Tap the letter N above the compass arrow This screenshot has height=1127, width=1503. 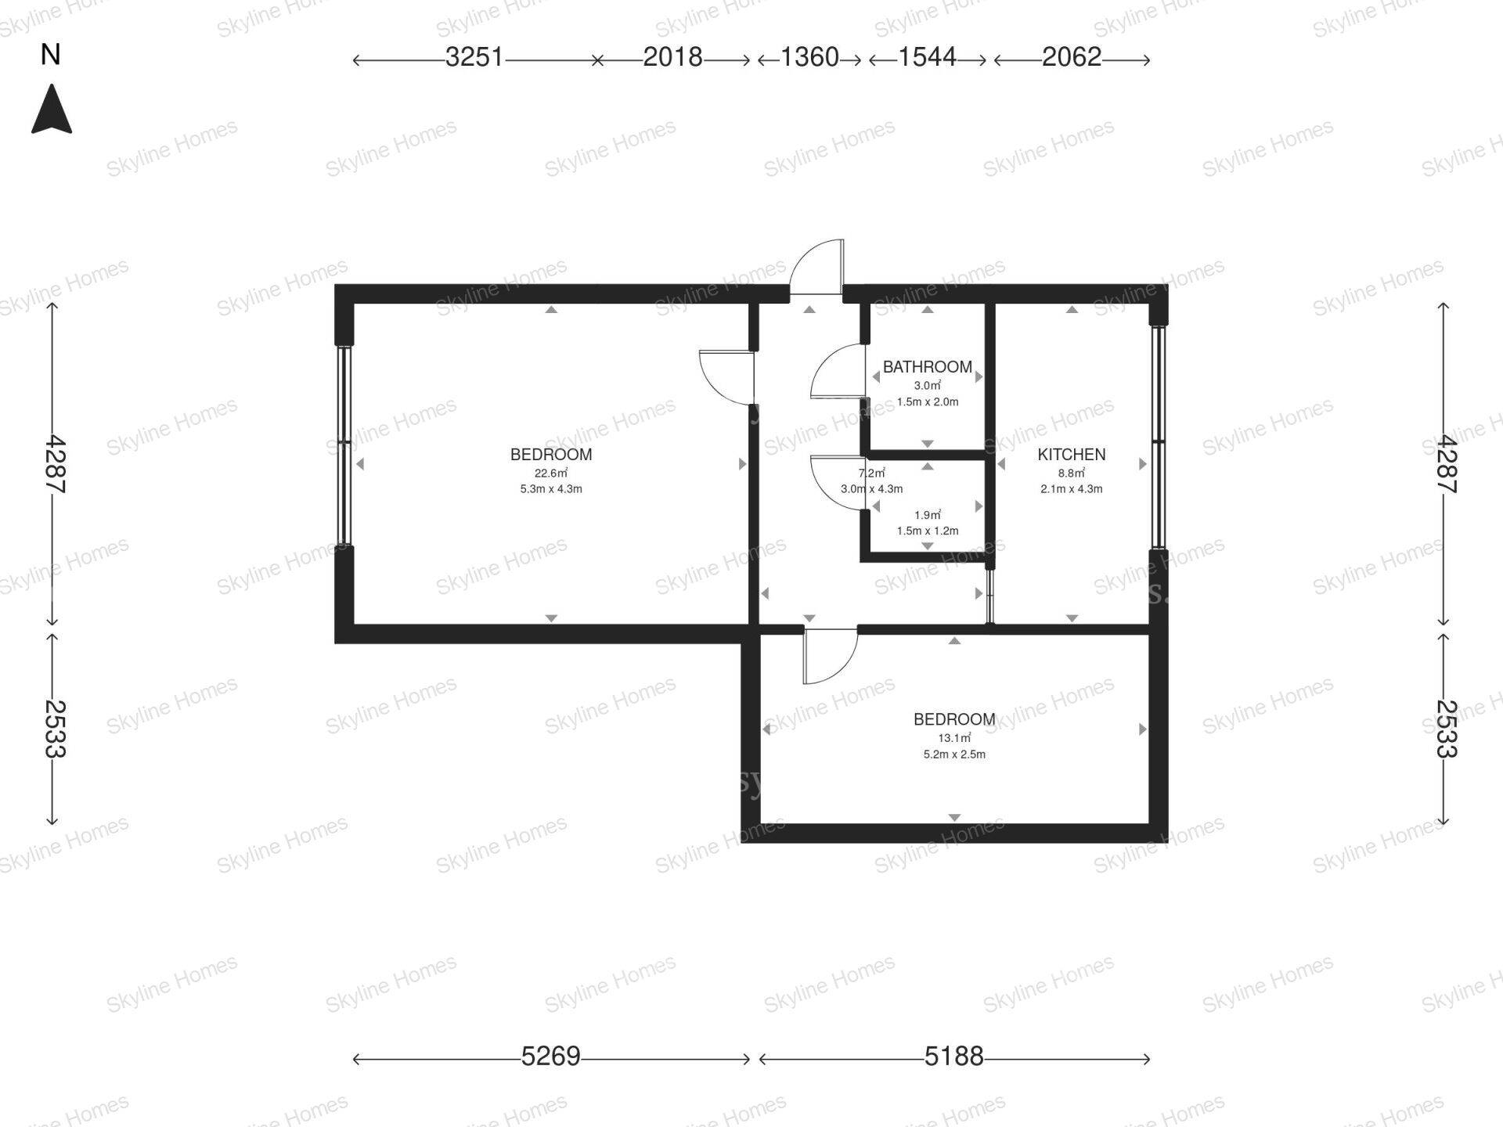[x=51, y=55]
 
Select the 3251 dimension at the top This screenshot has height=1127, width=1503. [x=474, y=57]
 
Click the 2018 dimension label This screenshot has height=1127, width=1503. [x=672, y=57]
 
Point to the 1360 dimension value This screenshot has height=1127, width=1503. [x=809, y=57]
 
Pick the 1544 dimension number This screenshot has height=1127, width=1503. [x=927, y=57]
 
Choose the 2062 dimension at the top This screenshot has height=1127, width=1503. [x=1072, y=57]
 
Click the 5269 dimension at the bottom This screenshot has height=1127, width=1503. [x=551, y=1057]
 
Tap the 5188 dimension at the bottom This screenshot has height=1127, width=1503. [x=953, y=1057]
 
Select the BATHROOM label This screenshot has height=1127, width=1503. [x=928, y=367]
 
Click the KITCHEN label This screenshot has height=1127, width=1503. [x=1072, y=455]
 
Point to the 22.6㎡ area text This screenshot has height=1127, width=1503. [x=551, y=473]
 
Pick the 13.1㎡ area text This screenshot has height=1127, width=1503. [x=954, y=738]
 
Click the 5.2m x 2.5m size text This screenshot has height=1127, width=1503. [x=954, y=754]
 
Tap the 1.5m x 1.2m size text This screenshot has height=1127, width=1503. [x=928, y=531]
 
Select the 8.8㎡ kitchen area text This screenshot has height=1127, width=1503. [x=1072, y=473]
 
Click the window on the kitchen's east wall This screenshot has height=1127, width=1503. [x=1158, y=437]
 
